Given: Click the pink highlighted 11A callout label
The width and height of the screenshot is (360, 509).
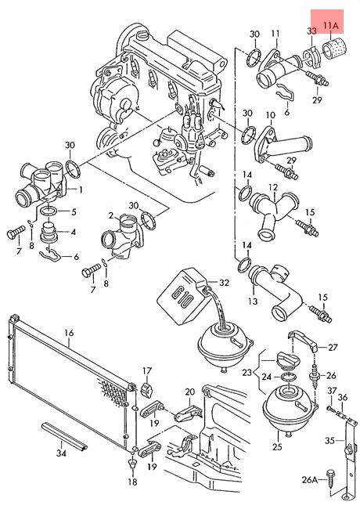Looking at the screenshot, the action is tap(330, 26).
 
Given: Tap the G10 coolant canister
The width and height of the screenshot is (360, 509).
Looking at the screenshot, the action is tap(182, 296).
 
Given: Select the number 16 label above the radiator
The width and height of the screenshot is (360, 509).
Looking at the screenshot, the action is tap(69, 333).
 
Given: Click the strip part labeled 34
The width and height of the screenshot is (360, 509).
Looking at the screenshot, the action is tap(64, 435).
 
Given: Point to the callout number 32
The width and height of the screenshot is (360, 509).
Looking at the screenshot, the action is tap(224, 283).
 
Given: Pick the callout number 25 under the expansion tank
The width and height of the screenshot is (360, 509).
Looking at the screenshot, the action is tap(277, 447).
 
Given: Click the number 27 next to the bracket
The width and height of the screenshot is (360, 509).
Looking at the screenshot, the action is tap(333, 348).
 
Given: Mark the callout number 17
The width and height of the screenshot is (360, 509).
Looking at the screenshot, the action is tap(147, 370).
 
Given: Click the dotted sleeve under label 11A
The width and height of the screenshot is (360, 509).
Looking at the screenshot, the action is tap(334, 50).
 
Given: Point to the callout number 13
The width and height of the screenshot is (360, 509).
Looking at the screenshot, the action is tap(253, 301).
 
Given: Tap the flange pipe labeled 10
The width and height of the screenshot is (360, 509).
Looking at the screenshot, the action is tap(283, 146).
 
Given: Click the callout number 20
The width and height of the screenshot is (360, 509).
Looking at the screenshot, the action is tap(189, 392).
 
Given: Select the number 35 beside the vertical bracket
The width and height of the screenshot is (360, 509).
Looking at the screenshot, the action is tap(329, 441).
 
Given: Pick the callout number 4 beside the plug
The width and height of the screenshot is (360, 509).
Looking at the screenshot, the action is tap(74, 232).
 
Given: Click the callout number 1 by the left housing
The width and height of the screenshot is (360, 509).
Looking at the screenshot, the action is tap(81, 190).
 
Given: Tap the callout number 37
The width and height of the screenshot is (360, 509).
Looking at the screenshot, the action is tap(332, 391).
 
